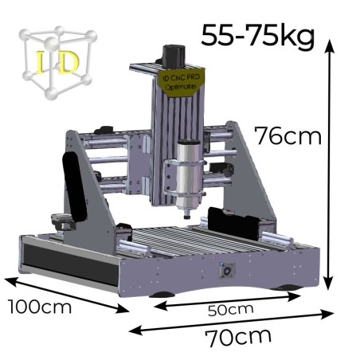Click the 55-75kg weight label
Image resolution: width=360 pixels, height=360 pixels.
(258, 36)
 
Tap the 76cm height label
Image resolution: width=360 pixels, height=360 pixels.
(288, 135)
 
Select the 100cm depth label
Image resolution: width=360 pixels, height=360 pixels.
(40, 307)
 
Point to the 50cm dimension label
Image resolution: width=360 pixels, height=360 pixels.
(230, 310)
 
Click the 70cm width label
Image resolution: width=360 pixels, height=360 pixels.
(238, 337)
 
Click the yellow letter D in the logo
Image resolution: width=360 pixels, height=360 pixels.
(68, 62)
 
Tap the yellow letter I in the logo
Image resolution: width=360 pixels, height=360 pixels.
(41, 62)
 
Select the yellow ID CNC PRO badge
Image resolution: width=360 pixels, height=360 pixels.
(181, 82)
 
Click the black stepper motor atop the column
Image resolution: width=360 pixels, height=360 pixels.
(173, 57)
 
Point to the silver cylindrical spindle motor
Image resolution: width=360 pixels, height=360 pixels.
(188, 175)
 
